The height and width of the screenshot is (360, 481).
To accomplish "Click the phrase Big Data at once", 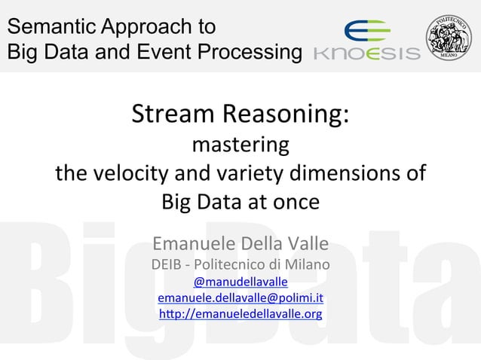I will (x=240, y=203).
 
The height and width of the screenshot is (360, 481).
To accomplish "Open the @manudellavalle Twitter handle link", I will (x=240, y=282).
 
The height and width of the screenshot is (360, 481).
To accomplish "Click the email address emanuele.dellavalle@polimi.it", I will (x=240, y=298).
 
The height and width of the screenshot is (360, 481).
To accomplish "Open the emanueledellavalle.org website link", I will (x=240, y=314).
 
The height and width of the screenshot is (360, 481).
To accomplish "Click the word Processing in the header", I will (x=250, y=53).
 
